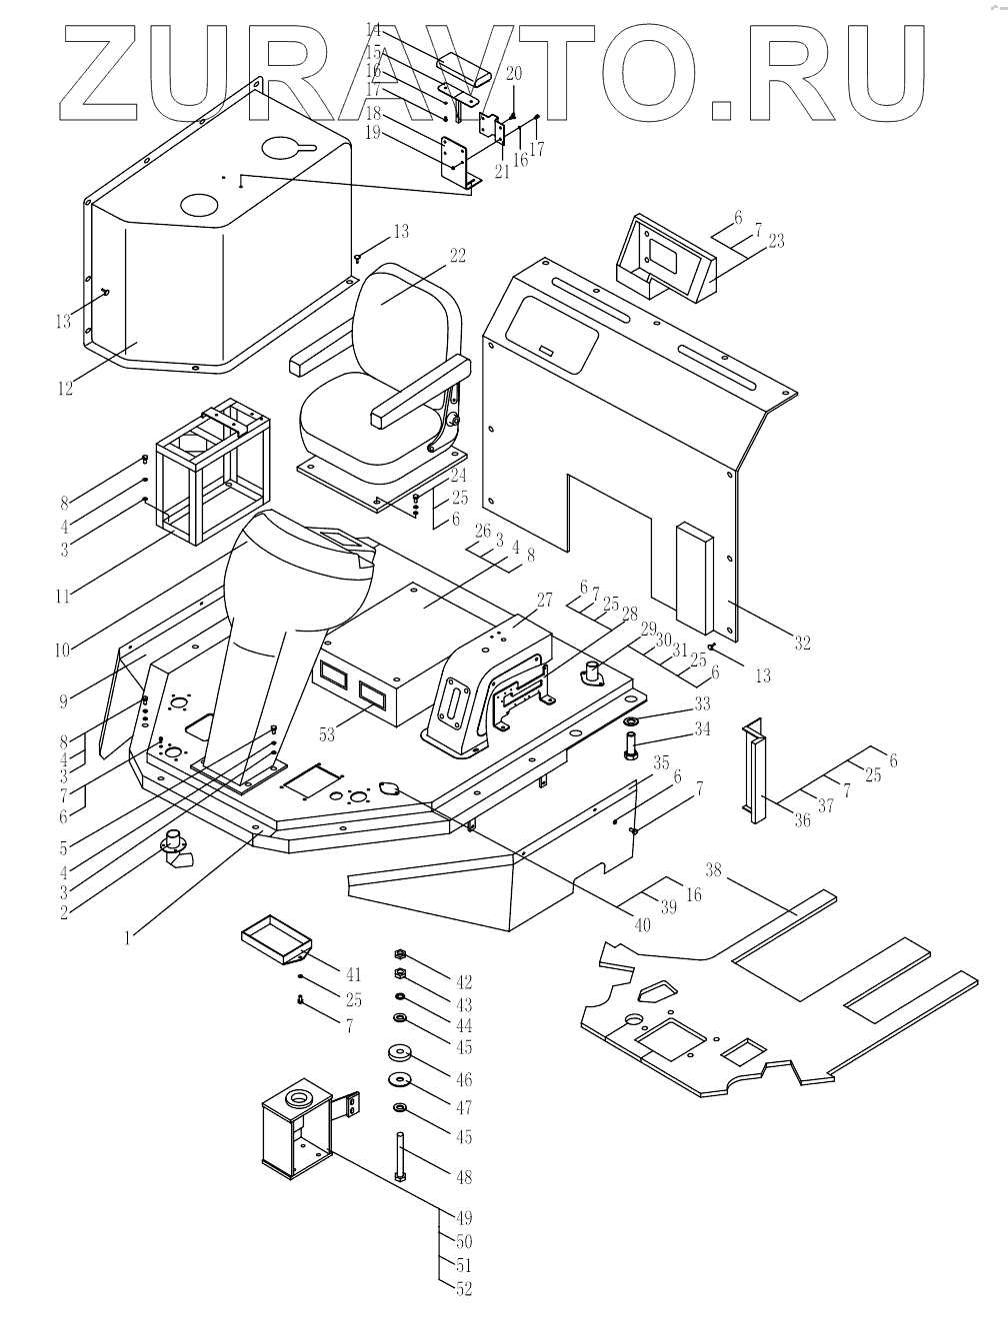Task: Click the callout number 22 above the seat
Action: coord(457,256)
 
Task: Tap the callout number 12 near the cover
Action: coord(65,388)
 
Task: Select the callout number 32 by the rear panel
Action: coord(802,643)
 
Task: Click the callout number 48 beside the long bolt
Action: coord(463,1177)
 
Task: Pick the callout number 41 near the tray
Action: coord(353,974)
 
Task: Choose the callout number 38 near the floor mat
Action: coord(741,869)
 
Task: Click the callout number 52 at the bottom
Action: coord(463,1289)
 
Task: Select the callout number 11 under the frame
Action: coord(63,597)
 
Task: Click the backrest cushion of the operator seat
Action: coord(410,300)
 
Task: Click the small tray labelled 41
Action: coord(274,940)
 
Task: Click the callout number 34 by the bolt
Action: coord(702,729)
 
